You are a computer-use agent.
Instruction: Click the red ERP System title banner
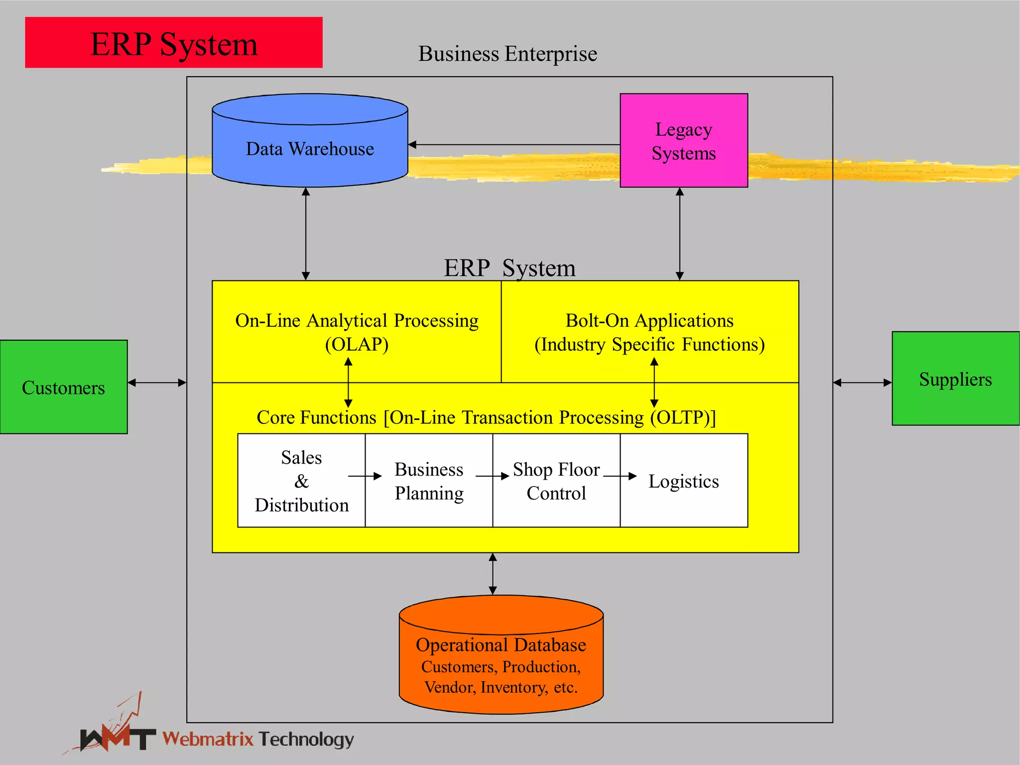tap(173, 43)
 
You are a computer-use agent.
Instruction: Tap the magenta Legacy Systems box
tap(683, 140)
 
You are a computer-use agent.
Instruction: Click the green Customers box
tap(63, 387)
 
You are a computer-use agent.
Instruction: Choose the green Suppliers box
tap(955, 379)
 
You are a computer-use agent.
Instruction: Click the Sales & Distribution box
tap(301, 481)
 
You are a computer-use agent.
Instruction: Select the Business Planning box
tap(429, 481)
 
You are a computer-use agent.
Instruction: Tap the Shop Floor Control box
tap(556, 481)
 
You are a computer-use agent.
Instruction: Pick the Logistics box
tap(684, 481)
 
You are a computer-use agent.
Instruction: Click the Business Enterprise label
tap(508, 54)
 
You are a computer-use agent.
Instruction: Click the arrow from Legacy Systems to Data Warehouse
tap(513, 145)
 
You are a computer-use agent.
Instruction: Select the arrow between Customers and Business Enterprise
tap(157, 382)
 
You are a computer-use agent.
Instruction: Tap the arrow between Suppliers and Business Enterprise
tap(862, 382)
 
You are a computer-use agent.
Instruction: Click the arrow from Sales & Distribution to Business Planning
tap(365, 476)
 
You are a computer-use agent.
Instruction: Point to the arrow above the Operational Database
tap(493, 573)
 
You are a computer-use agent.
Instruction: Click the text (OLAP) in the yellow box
tap(357, 344)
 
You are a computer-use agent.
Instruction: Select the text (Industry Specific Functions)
tap(649, 344)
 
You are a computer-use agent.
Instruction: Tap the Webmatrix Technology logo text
tap(258, 739)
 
